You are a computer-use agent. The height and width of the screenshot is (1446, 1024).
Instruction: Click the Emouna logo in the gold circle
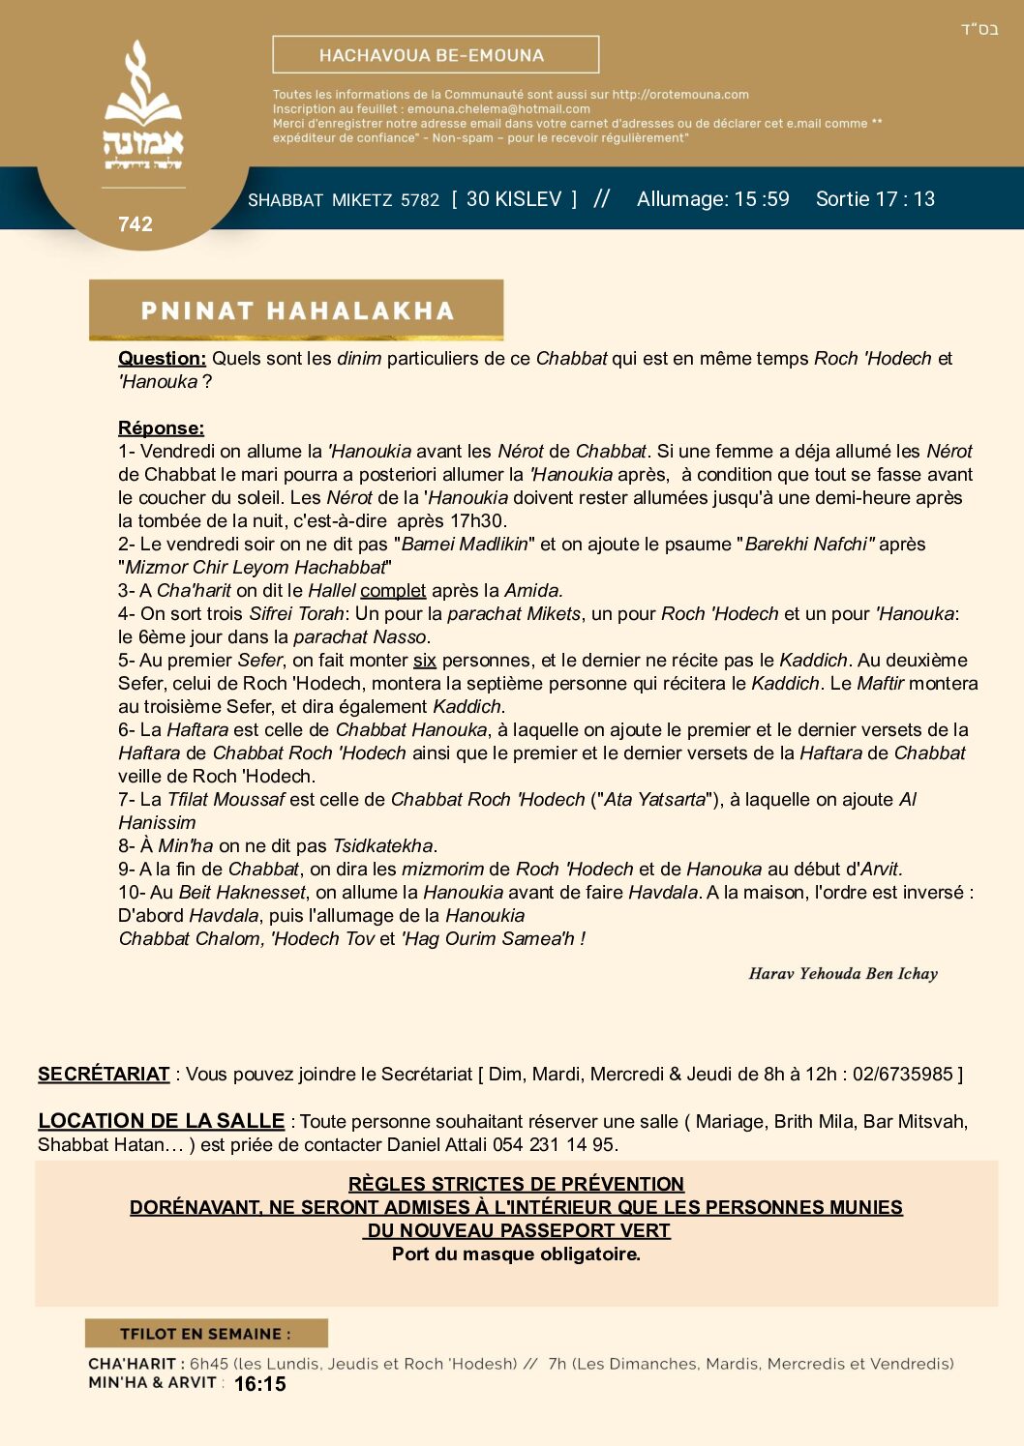143,106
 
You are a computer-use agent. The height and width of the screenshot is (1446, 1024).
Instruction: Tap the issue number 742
136,224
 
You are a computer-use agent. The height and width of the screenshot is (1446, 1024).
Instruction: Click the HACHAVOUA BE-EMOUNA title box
436,55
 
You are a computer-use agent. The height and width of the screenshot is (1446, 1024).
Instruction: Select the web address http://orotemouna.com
680,95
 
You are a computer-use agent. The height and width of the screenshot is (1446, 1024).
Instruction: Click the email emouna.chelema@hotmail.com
498,109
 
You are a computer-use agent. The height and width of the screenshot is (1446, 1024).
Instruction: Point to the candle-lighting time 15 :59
762,199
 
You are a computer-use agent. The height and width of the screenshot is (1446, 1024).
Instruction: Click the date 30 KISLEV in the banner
513,199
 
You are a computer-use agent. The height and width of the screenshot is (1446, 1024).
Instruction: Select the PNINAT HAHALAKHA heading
297,310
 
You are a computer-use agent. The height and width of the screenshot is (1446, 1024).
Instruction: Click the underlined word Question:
162,359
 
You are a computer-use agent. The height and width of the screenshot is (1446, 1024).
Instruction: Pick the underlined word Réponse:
161,428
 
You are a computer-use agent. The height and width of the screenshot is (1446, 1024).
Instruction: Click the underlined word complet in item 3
393,591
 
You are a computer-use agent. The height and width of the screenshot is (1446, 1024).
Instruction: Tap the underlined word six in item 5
425,661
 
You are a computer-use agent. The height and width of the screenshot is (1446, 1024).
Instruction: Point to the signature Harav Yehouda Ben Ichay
843,974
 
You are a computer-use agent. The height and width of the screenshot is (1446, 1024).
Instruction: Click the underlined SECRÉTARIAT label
104,1075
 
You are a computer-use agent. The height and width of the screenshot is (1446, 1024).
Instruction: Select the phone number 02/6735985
903,1075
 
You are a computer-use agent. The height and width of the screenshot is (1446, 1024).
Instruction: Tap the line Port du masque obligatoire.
516,1254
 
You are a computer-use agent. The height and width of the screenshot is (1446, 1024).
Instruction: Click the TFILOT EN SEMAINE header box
206,1334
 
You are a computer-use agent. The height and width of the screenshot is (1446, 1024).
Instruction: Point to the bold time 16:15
260,1384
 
